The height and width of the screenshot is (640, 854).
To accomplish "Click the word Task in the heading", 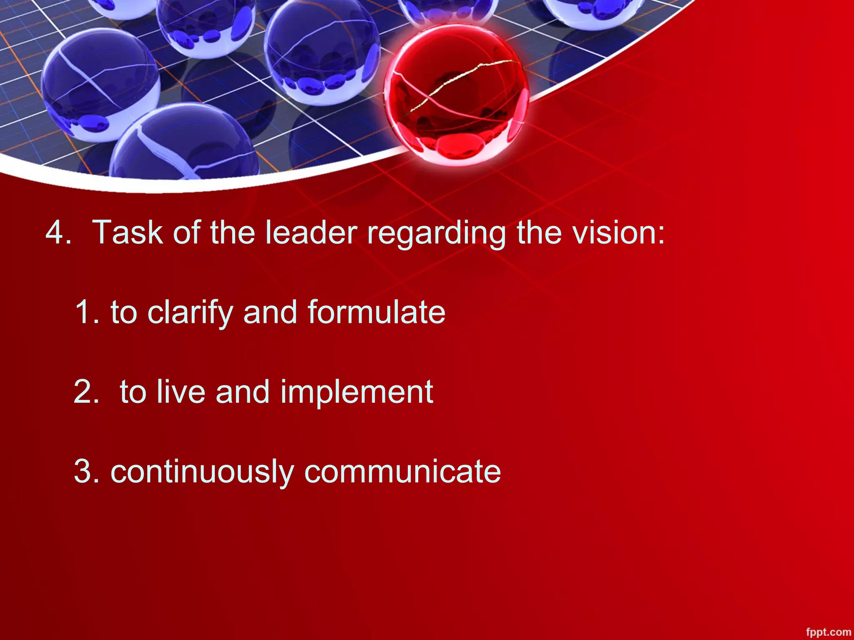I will [128, 232].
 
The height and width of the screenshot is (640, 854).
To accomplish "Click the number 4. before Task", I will [58, 232].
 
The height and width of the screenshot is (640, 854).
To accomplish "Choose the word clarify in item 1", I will [190, 312].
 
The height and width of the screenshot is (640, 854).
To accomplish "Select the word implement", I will [357, 393].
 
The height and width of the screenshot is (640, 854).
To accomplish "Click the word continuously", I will [202, 472].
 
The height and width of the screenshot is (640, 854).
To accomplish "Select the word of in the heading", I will [186, 232].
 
